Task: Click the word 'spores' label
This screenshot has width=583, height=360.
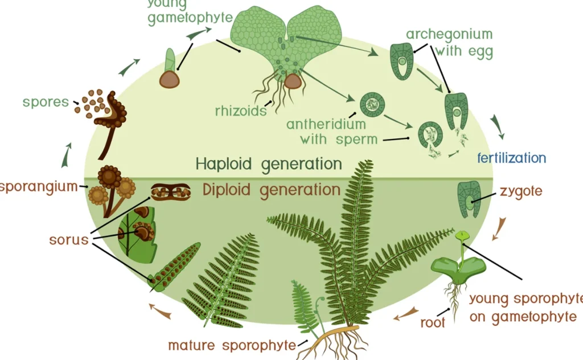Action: [45, 103]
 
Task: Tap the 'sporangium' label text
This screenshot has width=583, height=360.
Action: [39, 186]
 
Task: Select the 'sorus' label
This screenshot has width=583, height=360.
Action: [68, 239]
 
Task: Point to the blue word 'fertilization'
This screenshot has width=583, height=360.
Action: [512, 158]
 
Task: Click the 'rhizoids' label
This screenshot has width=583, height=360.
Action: [241, 111]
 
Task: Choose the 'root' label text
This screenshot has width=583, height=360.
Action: [432, 322]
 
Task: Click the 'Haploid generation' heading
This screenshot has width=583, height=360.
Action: [269, 164]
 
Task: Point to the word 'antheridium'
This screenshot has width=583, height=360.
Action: [326, 124]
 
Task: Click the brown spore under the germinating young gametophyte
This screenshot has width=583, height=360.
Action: [169, 80]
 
